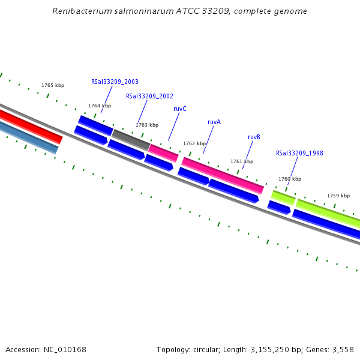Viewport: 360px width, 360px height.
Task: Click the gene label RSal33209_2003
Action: [x=115, y=82]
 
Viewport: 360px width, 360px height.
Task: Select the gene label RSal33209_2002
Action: [x=149, y=96]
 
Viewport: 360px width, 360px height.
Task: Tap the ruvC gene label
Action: [x=180, y=109]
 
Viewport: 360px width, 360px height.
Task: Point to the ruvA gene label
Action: [x=214, y=122]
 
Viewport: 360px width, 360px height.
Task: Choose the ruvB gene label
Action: [x=254, y=137]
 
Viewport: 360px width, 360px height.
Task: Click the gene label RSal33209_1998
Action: [x=299, y=153]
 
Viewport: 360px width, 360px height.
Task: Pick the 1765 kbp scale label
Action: [x=53, y=85]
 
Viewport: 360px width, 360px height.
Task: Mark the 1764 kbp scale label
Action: [x=100, y=106]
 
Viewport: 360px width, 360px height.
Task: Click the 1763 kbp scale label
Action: [x=147, y=125]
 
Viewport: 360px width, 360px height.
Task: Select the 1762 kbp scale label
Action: [x=194, y=143]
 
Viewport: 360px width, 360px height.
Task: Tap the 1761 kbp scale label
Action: [x=242, y=161]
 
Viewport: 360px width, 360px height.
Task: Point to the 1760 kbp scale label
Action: [x=290, y=179]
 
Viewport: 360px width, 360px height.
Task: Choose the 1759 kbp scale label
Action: [x=338, y=196]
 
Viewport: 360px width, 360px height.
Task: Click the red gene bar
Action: [x=30, y=126]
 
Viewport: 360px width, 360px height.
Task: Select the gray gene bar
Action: [x=131, y=140]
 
